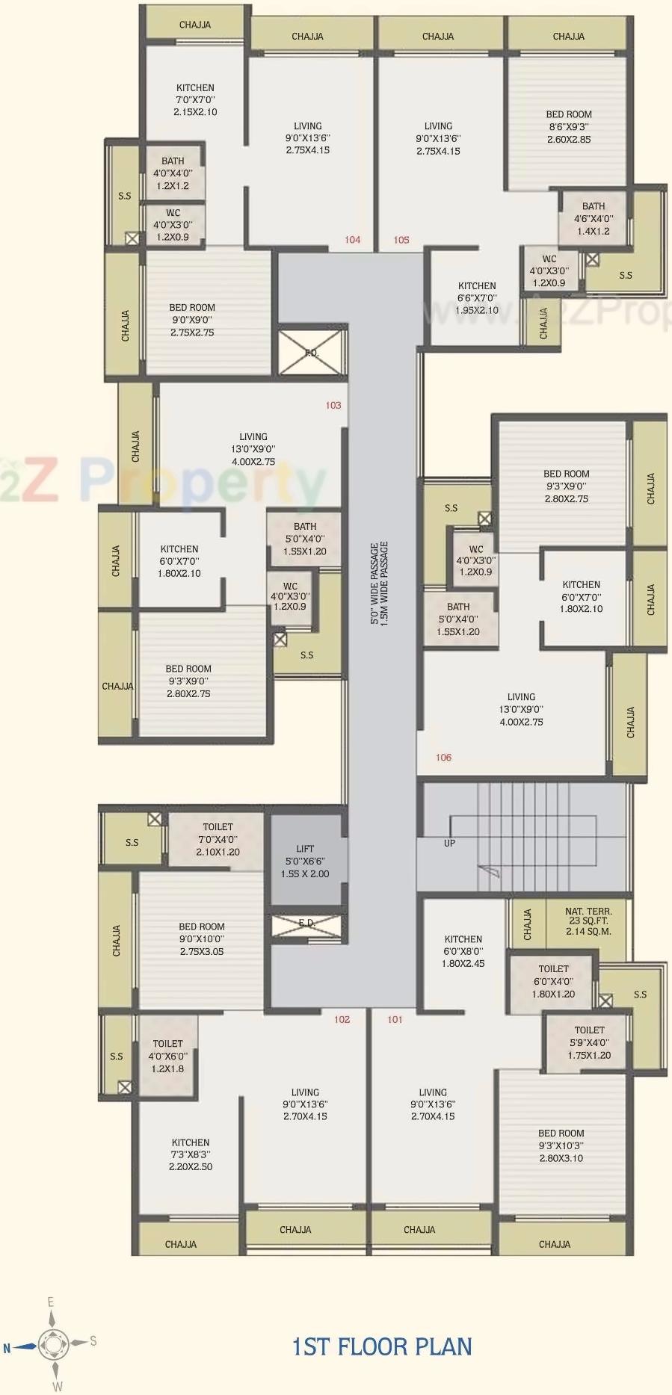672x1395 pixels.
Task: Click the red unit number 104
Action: tap(352, 240)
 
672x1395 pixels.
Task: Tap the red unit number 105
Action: tap(401, 240)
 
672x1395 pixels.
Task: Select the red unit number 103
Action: tap(333, 405)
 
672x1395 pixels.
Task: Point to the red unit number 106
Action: tap(443, 758)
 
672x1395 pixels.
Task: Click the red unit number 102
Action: tap(342, 1019)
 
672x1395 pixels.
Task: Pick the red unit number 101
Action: tap(395, 1019)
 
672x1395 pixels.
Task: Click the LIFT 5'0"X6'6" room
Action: tap(305, 861)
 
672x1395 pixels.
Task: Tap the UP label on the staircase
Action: tap(449, 843)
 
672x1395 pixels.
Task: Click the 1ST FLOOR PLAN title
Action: tap(382, 1346)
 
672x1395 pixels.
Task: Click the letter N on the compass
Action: tap(7, 1349)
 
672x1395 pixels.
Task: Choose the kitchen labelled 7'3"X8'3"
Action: tap(191, 1154)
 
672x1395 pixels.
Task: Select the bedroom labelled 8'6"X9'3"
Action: tap(568, 127)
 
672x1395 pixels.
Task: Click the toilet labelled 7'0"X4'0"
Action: tap(218, 839)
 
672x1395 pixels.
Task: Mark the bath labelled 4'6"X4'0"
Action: tap(594, 218)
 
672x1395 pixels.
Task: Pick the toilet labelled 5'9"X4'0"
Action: tap(589, 1042)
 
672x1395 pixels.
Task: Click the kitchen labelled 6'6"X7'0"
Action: tap(477, 297)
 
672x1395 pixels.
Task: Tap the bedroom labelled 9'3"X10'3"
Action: tap(561, 1145)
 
